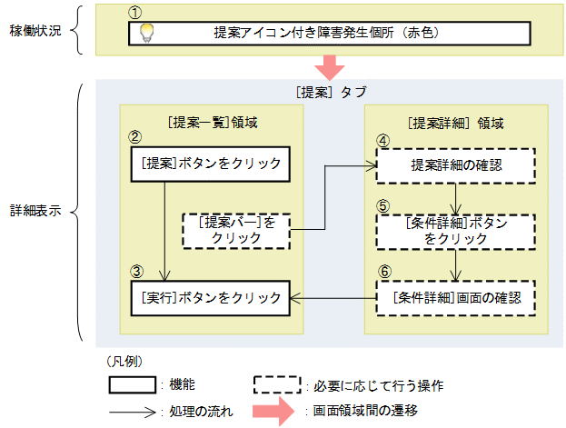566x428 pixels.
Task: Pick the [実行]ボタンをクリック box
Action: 211,296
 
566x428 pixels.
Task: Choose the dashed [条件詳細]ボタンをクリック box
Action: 455,231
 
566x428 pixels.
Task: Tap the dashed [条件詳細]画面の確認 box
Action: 455,297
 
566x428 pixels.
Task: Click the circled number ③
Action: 134,271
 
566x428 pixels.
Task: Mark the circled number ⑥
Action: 383,272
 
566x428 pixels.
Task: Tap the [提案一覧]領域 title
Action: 210,121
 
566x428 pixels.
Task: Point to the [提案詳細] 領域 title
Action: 455,121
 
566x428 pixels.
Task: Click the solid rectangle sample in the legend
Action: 132,383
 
